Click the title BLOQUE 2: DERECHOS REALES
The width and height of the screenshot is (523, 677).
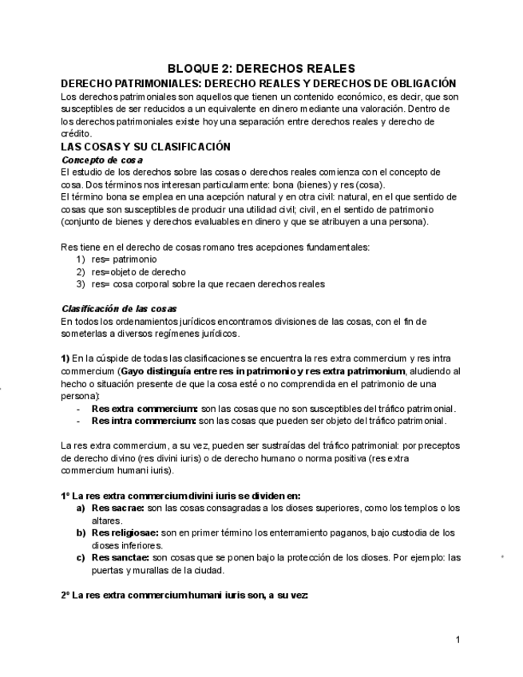click(x=261, y=69)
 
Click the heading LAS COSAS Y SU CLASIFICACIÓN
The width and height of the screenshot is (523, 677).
click(x=145, y=147)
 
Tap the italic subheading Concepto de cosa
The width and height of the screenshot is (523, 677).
click(x=102, y=160)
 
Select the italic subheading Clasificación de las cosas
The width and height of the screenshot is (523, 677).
click(x=119, y=309)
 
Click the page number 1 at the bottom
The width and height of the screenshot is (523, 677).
click(x=458, y=639)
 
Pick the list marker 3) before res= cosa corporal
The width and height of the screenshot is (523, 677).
click(x=81, y=284)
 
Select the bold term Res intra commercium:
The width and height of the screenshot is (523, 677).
click(x=144, y=421)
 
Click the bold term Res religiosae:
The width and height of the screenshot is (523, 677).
click(x=125, y=532)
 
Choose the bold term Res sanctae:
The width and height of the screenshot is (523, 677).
click(x=121, y=558)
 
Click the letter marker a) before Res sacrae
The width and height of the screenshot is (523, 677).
click(x=81, y=509)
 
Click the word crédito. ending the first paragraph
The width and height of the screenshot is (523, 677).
click(x=76, y=134)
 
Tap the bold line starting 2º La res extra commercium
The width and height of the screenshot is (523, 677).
click(x=184, y=596)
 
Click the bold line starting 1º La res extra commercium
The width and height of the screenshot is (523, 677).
click(x=180, y=496)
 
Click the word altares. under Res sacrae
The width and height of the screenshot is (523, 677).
click(x=107, y=521)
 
